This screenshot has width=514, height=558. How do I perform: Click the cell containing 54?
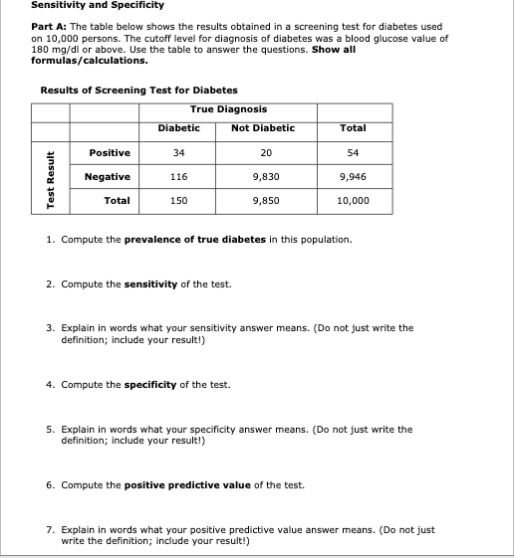[353, 152]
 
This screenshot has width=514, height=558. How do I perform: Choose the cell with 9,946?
[353, 176]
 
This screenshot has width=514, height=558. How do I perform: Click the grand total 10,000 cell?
[353, 200]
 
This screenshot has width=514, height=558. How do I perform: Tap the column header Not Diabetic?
[263, 128]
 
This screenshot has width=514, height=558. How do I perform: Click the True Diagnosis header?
[227, 109]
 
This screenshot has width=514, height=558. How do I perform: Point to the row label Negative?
[107, 176]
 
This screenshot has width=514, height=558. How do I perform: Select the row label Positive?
[110, 152]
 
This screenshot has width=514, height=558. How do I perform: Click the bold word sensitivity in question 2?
[150, 283]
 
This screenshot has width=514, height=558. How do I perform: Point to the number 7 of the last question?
[50, 530]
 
